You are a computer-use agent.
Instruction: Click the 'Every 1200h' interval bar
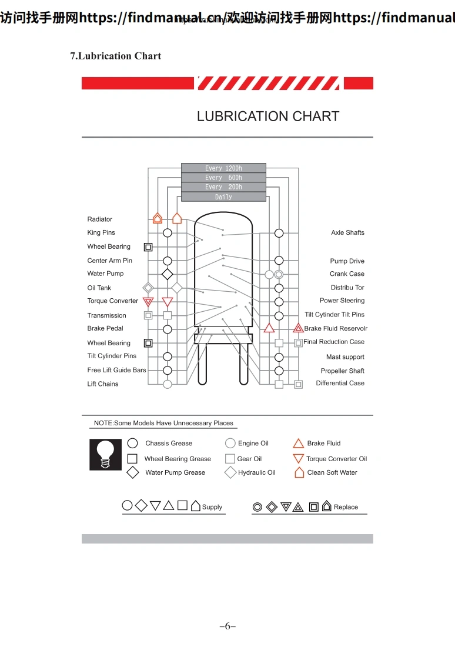pos(223,168)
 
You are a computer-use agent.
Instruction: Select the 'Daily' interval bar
pos(223,197)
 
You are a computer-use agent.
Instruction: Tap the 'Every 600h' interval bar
pos(223,178)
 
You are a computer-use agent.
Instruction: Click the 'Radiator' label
pos(100,219)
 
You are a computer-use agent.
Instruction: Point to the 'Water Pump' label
pos(106,274)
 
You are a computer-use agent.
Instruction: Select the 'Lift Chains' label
pos(103,384)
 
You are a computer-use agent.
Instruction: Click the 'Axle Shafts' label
pos(347,233)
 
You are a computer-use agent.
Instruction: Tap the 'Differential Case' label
pos(340,384)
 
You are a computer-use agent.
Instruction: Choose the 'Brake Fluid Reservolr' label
pos(336,328)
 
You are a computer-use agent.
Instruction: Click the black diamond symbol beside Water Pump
pos(168,274)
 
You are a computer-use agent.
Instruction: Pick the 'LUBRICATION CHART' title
pos(268,116)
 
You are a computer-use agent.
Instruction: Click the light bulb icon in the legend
pos(106,454)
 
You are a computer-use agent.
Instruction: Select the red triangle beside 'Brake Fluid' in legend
pos(298,444)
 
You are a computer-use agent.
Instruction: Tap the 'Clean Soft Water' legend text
pos(332,472)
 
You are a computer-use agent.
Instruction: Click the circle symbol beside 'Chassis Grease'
pos(133,444)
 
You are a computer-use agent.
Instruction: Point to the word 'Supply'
pos(212,507)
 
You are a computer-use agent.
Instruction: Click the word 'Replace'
pos(346,507)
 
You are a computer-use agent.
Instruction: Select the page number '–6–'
pos(227,626)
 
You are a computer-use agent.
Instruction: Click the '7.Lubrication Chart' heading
pos(116,56)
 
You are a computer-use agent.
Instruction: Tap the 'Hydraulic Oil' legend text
pos(256,472)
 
